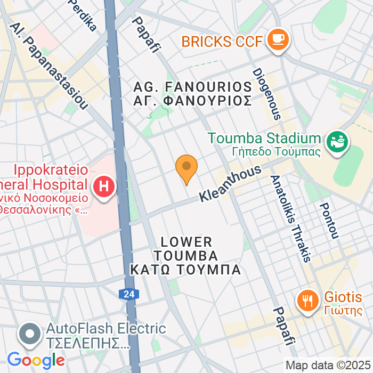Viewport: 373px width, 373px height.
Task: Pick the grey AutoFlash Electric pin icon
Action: [x=30, y=334]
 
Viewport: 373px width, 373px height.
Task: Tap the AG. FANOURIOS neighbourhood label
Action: [x=192, y=86]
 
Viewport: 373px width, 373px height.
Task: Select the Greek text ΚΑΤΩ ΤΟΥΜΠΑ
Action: [x=185, y=270]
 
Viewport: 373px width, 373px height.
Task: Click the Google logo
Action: [x=36, y=361]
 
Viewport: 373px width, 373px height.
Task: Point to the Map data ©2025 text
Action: [x=328, y=366]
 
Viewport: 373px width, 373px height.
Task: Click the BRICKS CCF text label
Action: [x=221, y=41]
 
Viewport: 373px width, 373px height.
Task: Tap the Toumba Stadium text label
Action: [x=265, y=139]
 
